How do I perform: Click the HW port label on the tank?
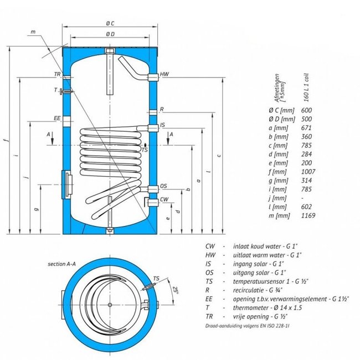(164, 74)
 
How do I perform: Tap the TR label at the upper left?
(57, 74)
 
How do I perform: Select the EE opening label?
(56, 118)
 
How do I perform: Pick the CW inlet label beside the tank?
(164, 198)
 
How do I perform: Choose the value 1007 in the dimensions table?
(308, 171)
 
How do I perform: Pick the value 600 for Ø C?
(306, 110)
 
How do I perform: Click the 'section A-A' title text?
(60, 265)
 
